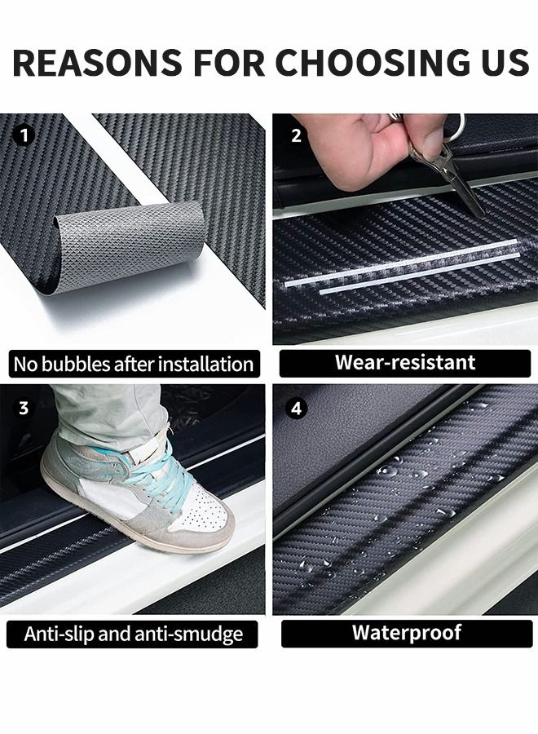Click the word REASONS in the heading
coord(97,62)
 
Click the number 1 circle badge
coord(24,135)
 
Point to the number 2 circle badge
coord(296,135)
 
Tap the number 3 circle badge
coord(24,409)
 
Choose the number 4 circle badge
coord(296,409)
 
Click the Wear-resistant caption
coord(405,362)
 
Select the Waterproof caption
coord(407,632)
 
